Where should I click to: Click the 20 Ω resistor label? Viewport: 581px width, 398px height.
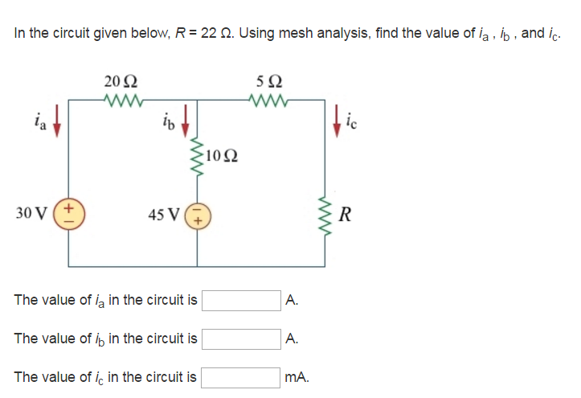pyautogui.click(x=121, y=81)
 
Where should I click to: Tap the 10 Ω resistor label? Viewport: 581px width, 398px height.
pyautogui.click(x=222, y=154)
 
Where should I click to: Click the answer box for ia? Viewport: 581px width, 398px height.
pyautogui.click(x=241, y=301)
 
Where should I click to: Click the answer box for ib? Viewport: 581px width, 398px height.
pyautogui.click(x=241, y=339)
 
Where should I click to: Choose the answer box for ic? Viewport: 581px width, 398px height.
pyautogui.click(x=241, y=376)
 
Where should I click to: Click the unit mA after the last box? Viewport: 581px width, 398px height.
pyautogui.click(x=297, y=376)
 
